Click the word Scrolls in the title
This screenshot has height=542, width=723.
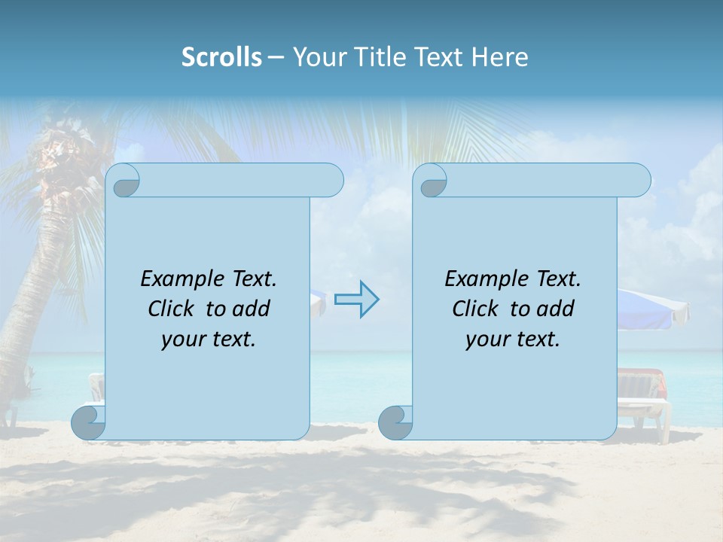pyautogui.click(x=221, y=57)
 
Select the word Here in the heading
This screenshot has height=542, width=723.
pyautogui.click(x=500, y=57)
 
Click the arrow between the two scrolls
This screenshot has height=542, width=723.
pyautogui.click(x=356, y=299)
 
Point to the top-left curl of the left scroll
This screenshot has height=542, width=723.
pyautogui.click(x=125, y=181)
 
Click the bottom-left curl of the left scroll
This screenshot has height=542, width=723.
pyautogui.click(x=89, y=422)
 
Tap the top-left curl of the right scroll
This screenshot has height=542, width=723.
pyautogui.click(x=432, y=181)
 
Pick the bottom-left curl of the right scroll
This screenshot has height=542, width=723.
pyautogui.click(x=395, y=422)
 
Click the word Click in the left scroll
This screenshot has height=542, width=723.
pyautogui.click(x=173, y=309)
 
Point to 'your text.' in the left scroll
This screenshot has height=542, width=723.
pyautogui.click(x=209, y=340)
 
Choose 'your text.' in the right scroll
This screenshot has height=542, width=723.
pyautogui.click(x=513, y=340)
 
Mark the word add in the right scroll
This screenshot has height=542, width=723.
pyautogui.click(x=557, y=309)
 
